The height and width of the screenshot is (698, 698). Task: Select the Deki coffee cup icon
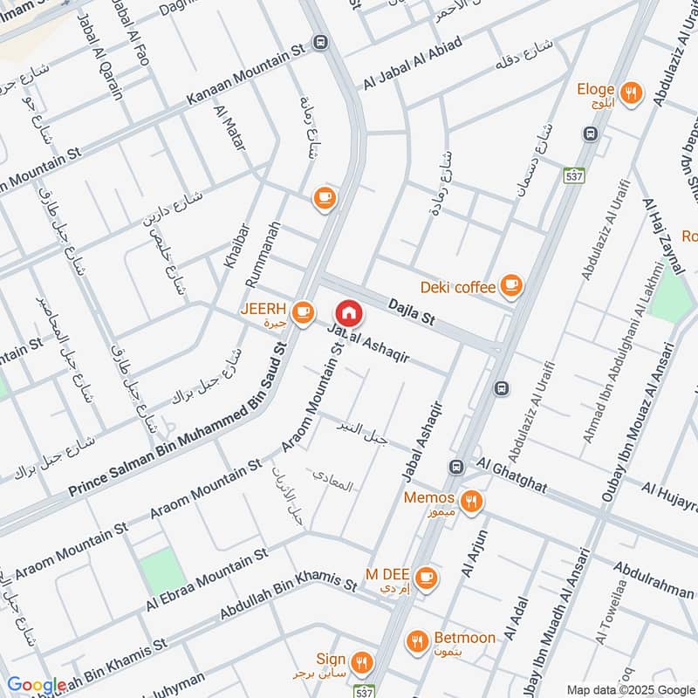pyautogui.click(x=510, y=285)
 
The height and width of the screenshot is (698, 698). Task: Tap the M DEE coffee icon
pyautogui.click(x=426, y=576)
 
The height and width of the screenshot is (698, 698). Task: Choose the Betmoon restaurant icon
pyautogui.click(x=418, y=640)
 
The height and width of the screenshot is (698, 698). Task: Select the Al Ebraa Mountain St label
pyautogui.click(x=206, y=582)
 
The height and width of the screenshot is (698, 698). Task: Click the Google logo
pyautogui.click(x=37, y=686)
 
